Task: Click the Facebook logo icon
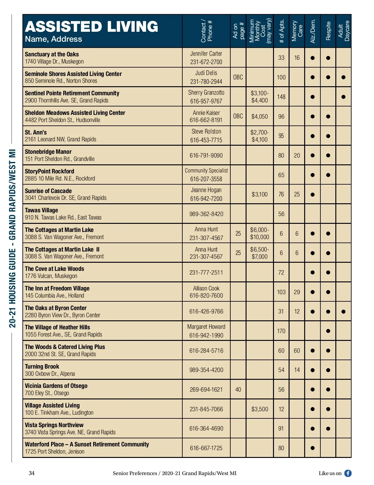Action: click(x=348, y=473)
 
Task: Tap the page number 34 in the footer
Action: click(x=31, y=473)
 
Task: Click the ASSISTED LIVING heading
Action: click(x=92, y=27)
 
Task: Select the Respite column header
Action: click(x=328, y=31)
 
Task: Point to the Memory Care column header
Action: click(x=297, y=31)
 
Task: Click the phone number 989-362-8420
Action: click(x=206, y=214)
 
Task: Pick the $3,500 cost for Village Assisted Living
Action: click(x=260, y=409)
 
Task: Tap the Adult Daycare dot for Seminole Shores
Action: click(x=343, y=77)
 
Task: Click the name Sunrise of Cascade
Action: click(x=48, y=191)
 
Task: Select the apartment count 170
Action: click(x=281, y=331)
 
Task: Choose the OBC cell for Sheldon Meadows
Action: click(x=238, y=116)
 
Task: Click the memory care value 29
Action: click(x=297, y=292)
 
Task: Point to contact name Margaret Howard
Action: click(x=206, y=327)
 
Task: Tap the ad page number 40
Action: click(x=238, y=389)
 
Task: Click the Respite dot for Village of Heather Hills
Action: click(x=328, y=331)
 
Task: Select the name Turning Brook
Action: click(x=42, y=366)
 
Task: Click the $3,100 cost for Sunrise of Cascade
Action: click(x=260, y=194)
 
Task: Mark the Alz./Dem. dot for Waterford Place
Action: click(x=313, y=448)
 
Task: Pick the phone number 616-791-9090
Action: click(x=206, y=155)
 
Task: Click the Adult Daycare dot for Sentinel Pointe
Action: click(x=343, y=97)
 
